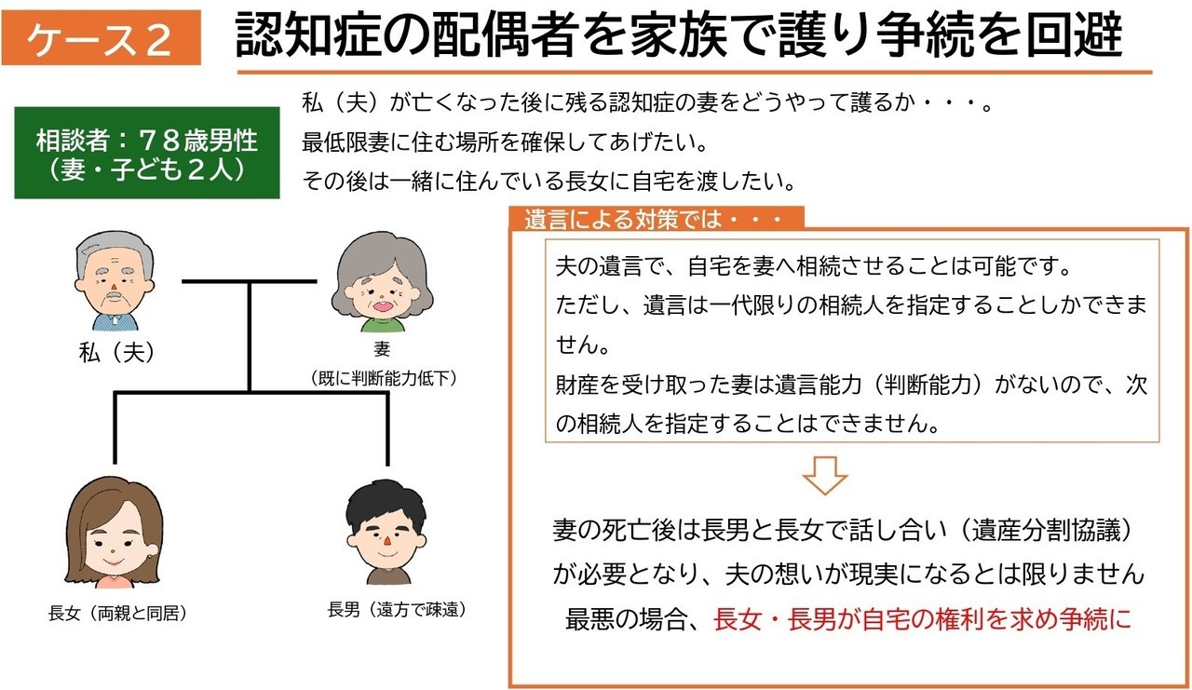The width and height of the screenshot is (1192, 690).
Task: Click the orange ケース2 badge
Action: point(102,37)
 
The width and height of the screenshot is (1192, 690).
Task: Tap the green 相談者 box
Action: point(147,153)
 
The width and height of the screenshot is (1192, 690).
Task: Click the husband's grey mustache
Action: point(114,295)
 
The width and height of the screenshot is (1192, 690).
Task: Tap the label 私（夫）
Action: point(117,352)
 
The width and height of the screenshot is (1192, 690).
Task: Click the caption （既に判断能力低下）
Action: point(382,378)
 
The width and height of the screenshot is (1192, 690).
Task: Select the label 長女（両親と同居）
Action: point(117,614)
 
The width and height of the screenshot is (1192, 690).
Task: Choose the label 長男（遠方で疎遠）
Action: point(397,610)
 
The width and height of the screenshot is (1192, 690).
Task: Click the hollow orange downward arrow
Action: point(825,475)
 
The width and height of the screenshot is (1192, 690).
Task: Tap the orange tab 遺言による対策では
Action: point(657,219)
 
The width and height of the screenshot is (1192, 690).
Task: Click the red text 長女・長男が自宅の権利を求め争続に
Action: point(922,619)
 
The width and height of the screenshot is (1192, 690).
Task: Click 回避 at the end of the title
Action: point(1074,35)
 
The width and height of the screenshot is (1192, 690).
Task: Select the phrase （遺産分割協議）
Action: point(1045,530)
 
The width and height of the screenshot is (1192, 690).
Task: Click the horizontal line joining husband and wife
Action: point(250,281)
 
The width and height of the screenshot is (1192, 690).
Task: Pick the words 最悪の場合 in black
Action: point(625,619)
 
